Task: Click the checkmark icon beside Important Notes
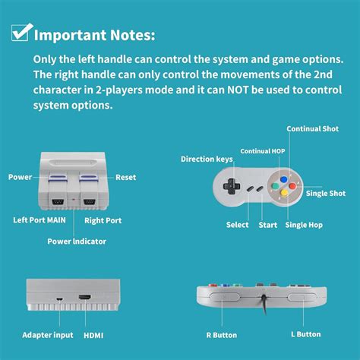coord(21,33)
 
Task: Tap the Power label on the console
coord(20,177)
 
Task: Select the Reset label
coord(125,177)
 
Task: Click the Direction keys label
coord(205,159)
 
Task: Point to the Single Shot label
coord(326,194)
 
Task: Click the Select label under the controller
coord(238,225)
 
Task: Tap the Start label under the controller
coord(267,225)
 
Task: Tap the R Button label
coord(221,335)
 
